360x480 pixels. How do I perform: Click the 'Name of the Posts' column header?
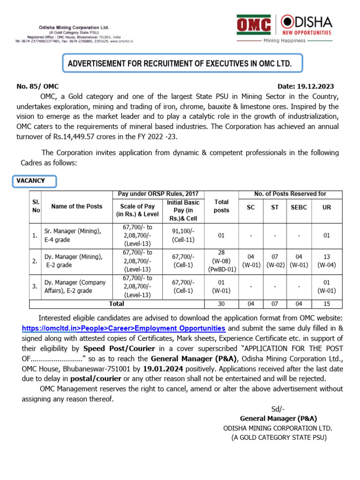[76, 206]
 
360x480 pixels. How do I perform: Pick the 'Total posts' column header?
[221, 206]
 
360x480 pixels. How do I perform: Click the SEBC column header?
[298, 207]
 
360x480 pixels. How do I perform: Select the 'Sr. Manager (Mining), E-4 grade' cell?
[75, 235]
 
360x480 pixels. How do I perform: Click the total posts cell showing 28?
[221, 262]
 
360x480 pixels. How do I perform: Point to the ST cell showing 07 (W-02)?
[275, 261]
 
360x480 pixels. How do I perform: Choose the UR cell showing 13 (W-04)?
[327, 261]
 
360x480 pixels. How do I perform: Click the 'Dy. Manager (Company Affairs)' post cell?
[75, 286]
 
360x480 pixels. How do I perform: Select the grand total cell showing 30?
[221, 304]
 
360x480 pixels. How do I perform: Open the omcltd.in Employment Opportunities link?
[124, 328]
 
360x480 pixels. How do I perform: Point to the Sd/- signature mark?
[278, 409]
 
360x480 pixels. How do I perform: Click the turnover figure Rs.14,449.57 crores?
[90, 136]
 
